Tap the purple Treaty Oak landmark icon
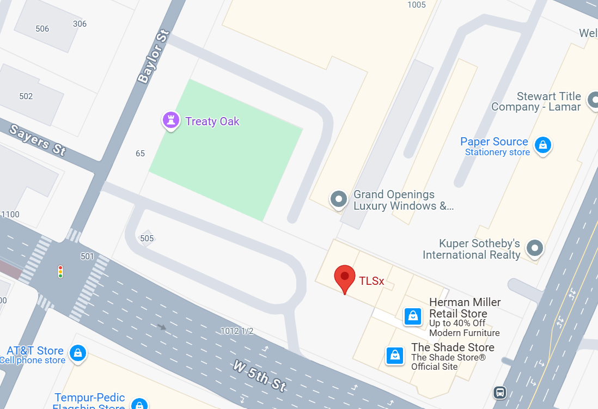coord(171,120)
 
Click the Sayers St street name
coord(38,139)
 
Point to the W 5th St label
coord(259,376)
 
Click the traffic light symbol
coord(60,271)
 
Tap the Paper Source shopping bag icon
coord(542,145)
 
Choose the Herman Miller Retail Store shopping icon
coord(413,316)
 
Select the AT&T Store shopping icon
coord(78,352)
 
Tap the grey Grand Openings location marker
coord(339,199)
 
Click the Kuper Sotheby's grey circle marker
coord(535,248)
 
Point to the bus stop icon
coord(499,392)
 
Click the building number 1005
coord(417,5)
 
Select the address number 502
coord(26,96)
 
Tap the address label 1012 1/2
coord(237,331)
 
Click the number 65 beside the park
coord(141,154)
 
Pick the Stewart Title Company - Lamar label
coord(536,102)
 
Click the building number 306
coord(80,24)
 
